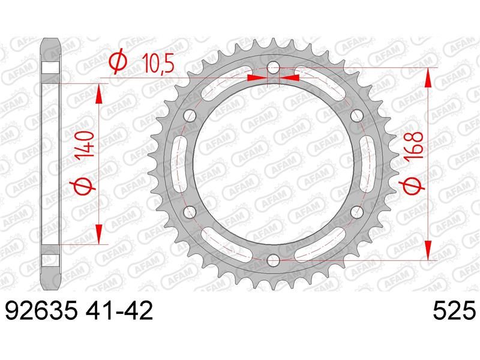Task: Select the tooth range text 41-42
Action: (119, 311)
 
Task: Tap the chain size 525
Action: (454, 311)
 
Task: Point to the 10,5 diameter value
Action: (158, 64)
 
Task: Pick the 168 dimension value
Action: (413, 145)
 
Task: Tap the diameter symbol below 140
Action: (83, 186)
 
